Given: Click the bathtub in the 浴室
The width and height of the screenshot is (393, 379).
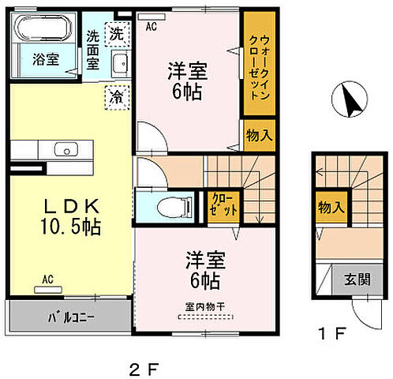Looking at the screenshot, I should pyautogui.click(x=45, y=34).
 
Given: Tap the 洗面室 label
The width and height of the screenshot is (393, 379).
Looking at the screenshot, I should pyautogui.click(x=93, y=48).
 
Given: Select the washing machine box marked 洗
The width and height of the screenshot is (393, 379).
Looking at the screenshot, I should pyautogui.click(x=116, y=34).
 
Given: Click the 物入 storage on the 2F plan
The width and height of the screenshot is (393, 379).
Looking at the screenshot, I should pyautogui.click(x=257, y=136).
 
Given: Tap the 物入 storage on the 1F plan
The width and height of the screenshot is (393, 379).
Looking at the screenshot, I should pyautogui.click(x=331, y=208).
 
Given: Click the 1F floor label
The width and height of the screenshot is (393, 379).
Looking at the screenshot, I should pyautogui.click(x=334, y=333).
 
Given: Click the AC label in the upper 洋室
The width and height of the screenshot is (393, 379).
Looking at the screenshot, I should pyautogui.click(x=152, y=25).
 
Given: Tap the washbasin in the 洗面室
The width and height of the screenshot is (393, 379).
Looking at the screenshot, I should pyautogui.click(x=121, y=66).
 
